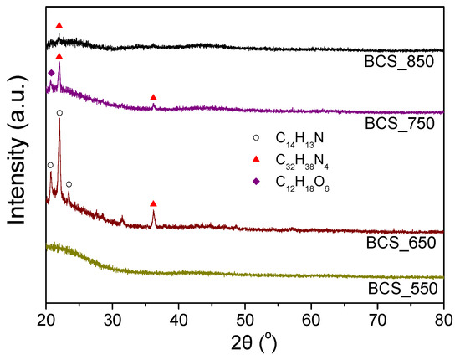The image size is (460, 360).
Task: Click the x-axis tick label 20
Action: pyautogui.click(x=46, y=319)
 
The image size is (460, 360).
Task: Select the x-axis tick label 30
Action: pyautogui.click(x=112, y=319)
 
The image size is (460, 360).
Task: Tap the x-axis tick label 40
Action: pyautogui.click(x=178, y=319)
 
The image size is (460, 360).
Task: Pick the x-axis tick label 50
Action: pyautogui.click(x=245, y=319)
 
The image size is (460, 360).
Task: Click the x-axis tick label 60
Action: pyautogui.click(x=311, y=319)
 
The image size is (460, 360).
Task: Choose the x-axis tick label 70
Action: pyautogui.click(x=377, y=319)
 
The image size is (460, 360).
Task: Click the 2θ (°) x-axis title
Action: pyautogui.click(x=245, y=344)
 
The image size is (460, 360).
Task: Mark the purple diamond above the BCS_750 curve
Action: pyautogui.click(x=51, y=74)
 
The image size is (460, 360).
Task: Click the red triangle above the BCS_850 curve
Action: pyautogui.click(x=59, y=26)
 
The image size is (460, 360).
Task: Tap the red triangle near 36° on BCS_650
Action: pyautogui.click(x=153, y=203)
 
